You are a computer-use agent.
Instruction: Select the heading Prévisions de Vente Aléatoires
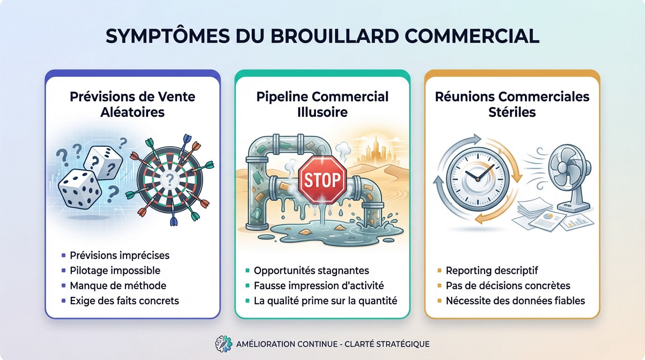click(x=132, y=105)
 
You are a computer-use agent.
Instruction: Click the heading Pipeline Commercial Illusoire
click(x=322, y=105)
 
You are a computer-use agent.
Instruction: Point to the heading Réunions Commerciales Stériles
click(x=512, y=105)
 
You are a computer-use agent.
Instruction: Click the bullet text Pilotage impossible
click(x=115, y=270)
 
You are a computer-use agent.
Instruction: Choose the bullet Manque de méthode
click(x=118, y=285)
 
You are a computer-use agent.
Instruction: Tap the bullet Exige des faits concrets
click(x=124, y=300)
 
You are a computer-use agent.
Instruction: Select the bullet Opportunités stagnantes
click(x=311, y=270)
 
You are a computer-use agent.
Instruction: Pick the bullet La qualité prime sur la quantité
click(x=325, y=300)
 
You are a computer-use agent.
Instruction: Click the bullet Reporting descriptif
click(x=492, y=270)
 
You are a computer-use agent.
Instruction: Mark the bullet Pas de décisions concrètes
click(x=508, y=285)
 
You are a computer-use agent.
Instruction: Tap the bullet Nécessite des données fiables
click(x=515, y=300)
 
